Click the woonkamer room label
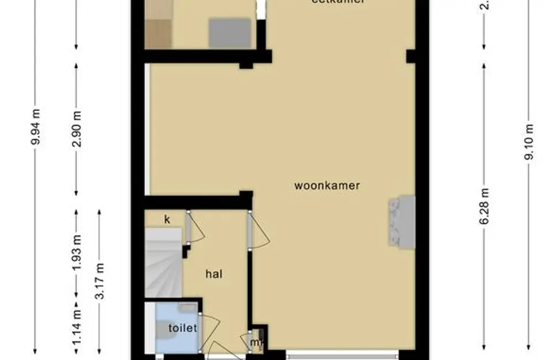(327, 185)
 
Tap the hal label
(214, 274)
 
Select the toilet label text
(182, 328)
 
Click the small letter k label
(167, 219)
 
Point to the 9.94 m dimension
(36, 135)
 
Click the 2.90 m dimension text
(77, 128)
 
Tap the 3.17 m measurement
(100, 281)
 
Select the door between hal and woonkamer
(257, 230)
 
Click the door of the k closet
(195, 228)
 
